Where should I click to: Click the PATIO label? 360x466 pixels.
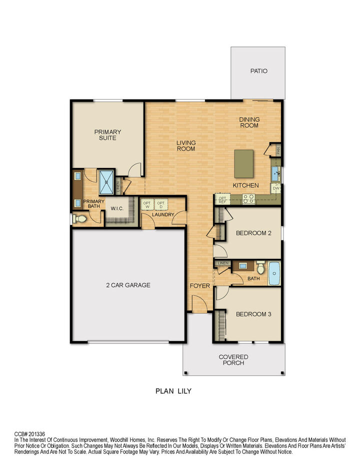pos(258,71)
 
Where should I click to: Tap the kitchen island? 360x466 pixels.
pos(243,162)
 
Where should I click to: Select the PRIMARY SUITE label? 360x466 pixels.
pos(108,135)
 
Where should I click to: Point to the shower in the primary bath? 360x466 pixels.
pos(106,182)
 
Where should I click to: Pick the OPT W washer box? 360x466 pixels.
pos(147,205)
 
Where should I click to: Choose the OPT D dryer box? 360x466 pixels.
pos(160,205)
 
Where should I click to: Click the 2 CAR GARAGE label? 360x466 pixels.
pos(128,285)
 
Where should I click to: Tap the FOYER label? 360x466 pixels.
pos(199,286)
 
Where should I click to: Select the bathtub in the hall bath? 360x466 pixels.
pos(274,273)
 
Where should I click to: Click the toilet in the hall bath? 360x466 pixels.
pos(260,267)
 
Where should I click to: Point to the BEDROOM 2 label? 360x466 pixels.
pos(253,233)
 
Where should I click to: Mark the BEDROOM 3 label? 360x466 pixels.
pos(253,314)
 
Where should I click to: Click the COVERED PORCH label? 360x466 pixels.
pos(233,360)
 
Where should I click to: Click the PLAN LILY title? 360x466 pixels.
pos(173,391)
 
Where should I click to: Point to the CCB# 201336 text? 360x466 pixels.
pos(29,434)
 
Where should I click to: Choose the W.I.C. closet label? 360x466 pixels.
pos(117,208)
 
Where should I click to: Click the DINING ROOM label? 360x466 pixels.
pos(248,122)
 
